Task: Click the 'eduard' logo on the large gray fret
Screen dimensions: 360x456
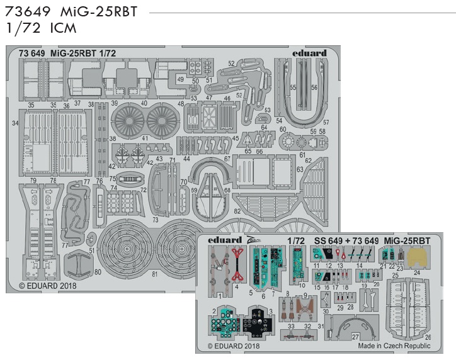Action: pos(309,53)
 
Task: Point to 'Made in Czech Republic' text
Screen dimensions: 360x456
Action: pos(394,346)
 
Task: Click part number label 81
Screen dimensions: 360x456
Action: pos(155,274)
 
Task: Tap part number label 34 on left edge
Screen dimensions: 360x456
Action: pos(15,124)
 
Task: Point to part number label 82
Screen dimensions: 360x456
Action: pos(237,212)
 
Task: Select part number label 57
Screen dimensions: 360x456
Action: pos(326,121)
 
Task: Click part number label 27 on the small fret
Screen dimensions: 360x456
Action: pos(355,337)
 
